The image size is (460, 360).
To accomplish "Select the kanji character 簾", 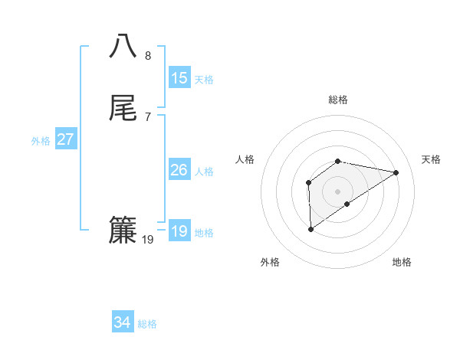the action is pos(123,230).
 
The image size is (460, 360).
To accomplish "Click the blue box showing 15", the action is pos(179,78).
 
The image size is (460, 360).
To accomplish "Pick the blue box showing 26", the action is pos(179,170).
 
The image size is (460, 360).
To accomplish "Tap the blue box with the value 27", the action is pos(65,139).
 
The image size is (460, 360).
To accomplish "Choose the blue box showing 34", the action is pos(122,322).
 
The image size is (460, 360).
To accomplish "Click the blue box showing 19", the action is pos(179,231).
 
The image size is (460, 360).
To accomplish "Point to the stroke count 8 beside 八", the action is pos(147,55).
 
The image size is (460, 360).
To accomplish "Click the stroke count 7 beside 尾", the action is pos(147,117).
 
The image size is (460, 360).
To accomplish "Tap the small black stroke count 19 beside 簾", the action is pos(148,240).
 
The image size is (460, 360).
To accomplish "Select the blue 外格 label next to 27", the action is pos(41,141).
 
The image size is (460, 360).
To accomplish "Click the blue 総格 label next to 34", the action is pos(147,324).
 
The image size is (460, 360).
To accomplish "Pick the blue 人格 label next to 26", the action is pos(204,172).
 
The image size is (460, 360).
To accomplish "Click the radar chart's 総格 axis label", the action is pos(338,100).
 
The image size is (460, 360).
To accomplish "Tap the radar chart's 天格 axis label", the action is pos(431,159).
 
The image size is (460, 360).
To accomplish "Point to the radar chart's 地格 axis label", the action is pos(402,262).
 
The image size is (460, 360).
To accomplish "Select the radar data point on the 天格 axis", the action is pos(396,172).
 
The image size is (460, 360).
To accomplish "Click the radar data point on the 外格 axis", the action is pos(310,228).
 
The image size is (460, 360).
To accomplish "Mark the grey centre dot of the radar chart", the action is pos(338,191).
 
